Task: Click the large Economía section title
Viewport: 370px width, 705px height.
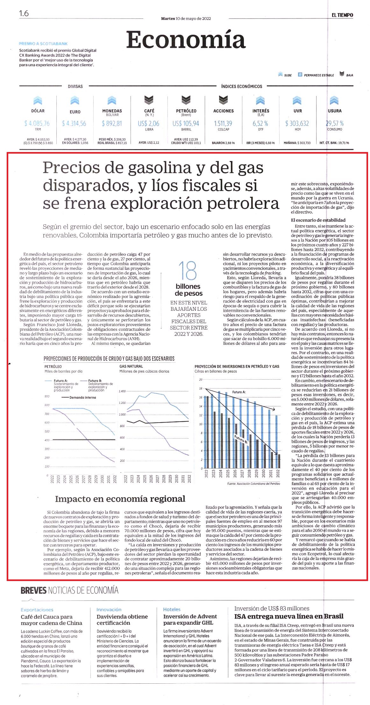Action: click(186, 40)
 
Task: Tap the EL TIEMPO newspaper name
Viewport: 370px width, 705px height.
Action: click(342, 15)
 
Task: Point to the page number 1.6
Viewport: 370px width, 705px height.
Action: click(24, 13)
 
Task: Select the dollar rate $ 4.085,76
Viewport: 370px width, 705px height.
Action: click(37, 123)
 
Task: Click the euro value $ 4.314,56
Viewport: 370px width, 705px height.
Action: click(74, 123)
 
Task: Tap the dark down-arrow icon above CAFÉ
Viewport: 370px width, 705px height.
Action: click(149, 100)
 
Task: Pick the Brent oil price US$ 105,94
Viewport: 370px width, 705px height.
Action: click(186, 123)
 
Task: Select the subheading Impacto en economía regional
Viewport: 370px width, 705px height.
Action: click(120, 499)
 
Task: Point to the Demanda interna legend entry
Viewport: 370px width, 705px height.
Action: click(79, 397)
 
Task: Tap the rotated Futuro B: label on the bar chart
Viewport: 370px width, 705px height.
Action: click(241, 439)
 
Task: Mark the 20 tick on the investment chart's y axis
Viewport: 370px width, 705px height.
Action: click(201, 380)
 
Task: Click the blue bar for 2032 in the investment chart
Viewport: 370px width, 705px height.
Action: click(276, 442)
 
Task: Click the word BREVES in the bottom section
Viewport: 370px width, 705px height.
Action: click(33, 591)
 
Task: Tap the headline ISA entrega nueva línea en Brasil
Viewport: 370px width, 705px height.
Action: click(289, 616)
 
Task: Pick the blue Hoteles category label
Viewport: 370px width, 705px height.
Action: click(172, 609)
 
